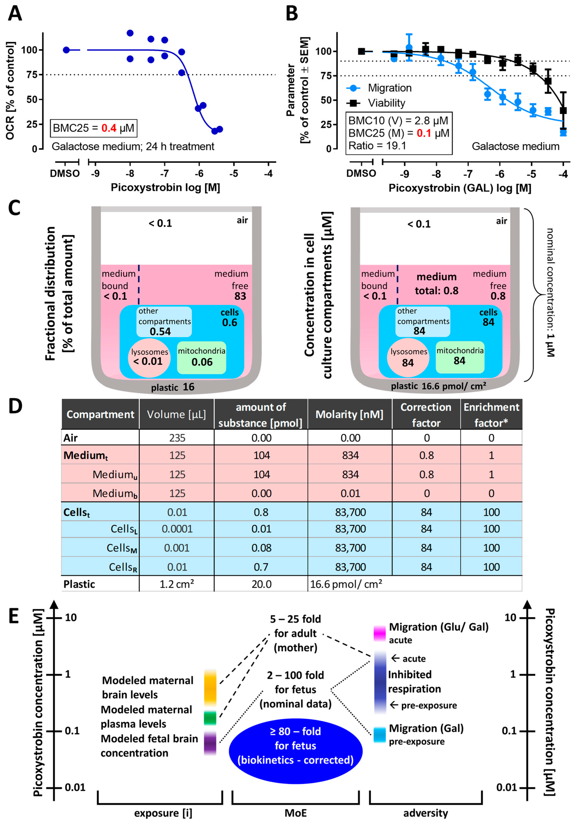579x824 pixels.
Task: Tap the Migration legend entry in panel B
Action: pos(389,88)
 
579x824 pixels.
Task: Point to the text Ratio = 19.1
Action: pos(377,146)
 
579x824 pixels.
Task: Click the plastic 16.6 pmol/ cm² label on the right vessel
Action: pos(438,386)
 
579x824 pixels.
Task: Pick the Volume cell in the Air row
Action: pos(177,438)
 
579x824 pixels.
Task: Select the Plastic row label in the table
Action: pos(79,584)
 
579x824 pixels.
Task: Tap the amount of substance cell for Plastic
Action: pos(261,584)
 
